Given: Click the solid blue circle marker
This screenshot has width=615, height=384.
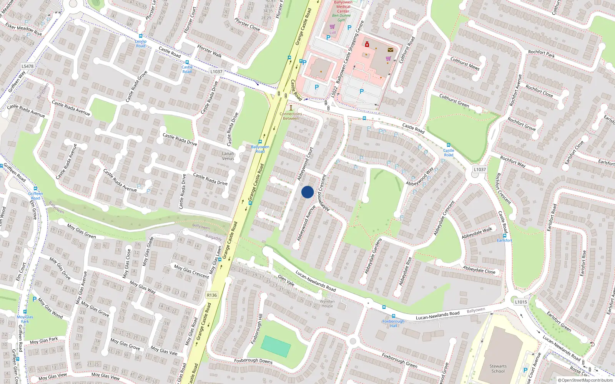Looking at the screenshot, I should point(307,192).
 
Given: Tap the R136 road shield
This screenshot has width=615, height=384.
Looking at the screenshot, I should point(212,295).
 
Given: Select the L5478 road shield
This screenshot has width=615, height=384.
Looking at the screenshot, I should point(27,66).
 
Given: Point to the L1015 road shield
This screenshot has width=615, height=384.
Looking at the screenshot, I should point(521,302).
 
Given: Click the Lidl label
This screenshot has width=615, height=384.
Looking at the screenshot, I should point(332,33).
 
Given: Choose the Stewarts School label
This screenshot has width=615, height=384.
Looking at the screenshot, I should point(498,369).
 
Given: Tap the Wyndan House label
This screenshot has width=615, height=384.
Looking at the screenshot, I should point(327,303).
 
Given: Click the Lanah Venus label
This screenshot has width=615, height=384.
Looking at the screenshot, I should point(228,156).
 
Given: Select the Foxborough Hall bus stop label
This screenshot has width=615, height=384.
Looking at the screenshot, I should point(393,323).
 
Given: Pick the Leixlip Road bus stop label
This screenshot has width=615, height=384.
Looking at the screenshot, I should point(141,43).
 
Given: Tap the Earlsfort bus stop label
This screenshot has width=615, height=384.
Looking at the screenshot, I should point(504,240).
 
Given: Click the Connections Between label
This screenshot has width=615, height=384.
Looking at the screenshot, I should point(291,116).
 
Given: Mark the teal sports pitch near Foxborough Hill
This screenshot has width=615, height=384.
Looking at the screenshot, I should point(276,346).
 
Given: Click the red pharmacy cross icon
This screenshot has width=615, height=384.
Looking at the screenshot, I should point(367,45).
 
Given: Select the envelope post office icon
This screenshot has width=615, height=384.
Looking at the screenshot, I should point(391,50).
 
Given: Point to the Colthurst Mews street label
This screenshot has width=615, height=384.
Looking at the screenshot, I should point(465,64).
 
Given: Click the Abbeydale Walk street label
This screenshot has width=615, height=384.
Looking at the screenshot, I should point(477,233).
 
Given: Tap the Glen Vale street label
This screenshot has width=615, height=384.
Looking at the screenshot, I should point(286,280).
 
